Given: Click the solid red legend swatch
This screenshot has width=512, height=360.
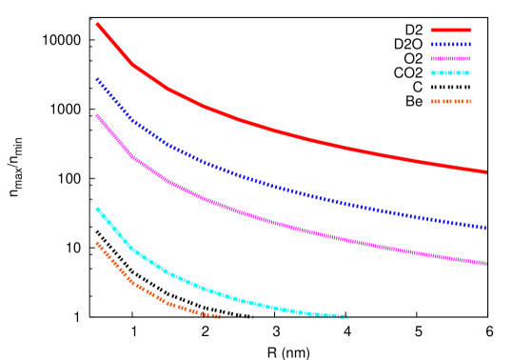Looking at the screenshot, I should tap(450, 30).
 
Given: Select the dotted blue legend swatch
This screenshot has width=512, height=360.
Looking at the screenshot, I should tap(450, 44).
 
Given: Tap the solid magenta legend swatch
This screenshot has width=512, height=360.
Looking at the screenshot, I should tap(450, 58).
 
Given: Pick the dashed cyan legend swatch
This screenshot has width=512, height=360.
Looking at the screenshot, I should tap(450, 72).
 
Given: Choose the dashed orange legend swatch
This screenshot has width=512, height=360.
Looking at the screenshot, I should tap(450, 101).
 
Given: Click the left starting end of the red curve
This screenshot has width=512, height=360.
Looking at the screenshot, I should tap(97, 24).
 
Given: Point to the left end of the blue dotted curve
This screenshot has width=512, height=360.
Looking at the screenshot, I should tap(97, 80).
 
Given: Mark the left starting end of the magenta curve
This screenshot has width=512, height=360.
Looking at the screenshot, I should tap(97, 116).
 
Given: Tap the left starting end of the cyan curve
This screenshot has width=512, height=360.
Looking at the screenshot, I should tap(97, 209).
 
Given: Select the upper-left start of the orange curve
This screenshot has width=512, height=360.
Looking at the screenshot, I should tap(97, 243).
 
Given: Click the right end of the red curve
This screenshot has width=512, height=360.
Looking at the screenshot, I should tap(485, 172).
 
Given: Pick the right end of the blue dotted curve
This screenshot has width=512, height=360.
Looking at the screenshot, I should tap(485, 228).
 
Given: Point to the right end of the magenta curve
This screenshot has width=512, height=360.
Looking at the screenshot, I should tap(485, 264).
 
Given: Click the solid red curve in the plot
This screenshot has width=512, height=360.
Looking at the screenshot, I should tap(286, 132).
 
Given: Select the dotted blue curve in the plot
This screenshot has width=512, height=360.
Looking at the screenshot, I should tap(286, 189).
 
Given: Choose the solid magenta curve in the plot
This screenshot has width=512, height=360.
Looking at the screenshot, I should tap(286, 225).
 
